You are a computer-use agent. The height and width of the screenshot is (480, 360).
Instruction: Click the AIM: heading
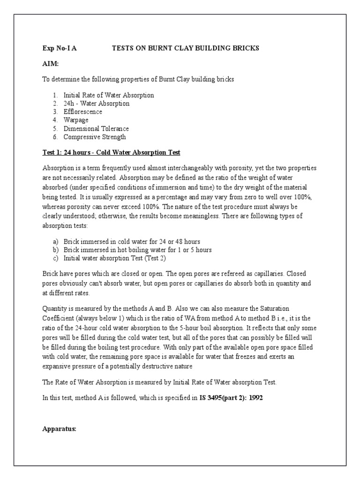51,64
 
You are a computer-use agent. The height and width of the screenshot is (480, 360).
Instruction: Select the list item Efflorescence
82,112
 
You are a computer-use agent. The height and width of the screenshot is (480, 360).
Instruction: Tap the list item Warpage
76,120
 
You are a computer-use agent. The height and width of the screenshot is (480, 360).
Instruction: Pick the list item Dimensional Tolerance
96,128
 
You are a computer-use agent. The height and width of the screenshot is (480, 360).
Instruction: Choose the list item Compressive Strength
95,137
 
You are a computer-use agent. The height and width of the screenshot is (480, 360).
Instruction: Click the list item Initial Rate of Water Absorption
109,95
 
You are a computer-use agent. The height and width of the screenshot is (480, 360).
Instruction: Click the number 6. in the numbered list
55,137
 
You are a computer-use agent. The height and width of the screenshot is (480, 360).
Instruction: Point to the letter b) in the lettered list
55,250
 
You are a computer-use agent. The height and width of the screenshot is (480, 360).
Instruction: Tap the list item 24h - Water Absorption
97,103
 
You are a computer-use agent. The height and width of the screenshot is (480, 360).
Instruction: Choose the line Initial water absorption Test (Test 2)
115,258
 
